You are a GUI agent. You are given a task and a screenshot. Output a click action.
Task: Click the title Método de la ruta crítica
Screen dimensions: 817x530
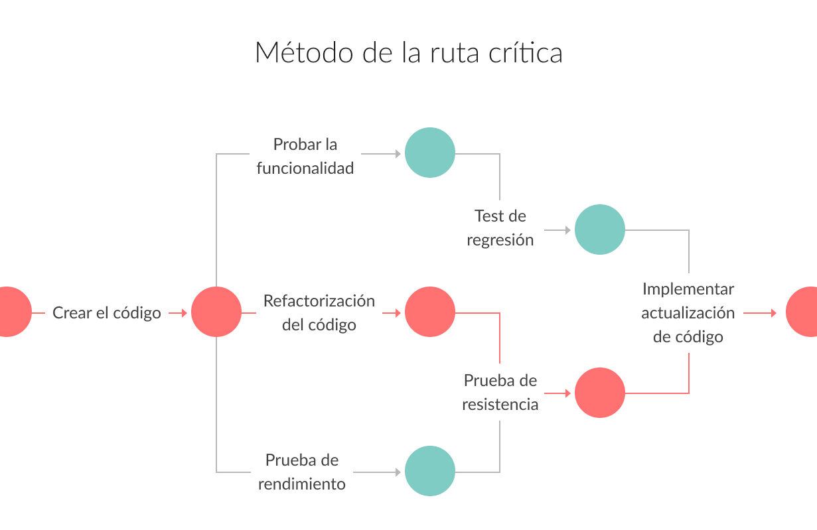[x=409, y=53]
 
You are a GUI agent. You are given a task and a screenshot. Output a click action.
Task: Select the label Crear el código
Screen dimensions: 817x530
[x=106, y=313]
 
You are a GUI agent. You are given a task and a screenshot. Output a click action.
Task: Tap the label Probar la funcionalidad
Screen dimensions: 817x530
[x=305, y=157]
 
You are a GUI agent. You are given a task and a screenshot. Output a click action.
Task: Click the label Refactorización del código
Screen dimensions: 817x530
[x=319, y=312]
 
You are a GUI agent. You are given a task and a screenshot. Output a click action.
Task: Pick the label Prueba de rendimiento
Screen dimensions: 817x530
[x=301, y=472]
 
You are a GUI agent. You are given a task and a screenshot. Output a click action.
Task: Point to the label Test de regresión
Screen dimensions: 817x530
[x=500, y=228]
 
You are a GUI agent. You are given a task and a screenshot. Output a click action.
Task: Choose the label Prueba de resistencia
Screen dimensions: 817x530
[x=500, y=392]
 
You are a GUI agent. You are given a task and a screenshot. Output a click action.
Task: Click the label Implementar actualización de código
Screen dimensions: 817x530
[x=688, y=312]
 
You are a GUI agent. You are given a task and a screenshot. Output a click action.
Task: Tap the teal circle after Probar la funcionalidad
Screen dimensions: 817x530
[x=430, y=153]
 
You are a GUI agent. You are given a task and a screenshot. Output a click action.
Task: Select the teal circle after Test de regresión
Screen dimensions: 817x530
[x=600, y=230]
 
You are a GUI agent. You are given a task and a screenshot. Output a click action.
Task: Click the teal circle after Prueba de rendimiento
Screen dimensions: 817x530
[x=430, y=471]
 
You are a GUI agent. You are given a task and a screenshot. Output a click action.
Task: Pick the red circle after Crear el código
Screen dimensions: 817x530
[x=216, y=312]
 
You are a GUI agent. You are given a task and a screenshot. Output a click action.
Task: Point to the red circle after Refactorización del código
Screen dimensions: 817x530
[x=430, y=312]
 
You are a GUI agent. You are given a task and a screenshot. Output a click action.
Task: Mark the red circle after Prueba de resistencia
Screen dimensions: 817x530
[x=600, y=393]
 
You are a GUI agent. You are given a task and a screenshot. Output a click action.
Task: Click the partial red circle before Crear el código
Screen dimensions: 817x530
[x=15, y=312]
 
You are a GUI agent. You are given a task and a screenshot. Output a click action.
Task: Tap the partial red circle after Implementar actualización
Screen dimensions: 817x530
[x=802, y=312]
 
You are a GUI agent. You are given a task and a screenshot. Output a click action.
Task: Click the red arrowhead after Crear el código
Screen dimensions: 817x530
[x=185, y=312]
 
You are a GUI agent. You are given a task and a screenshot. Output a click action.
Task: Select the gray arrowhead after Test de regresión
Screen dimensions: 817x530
[x=568, y=230]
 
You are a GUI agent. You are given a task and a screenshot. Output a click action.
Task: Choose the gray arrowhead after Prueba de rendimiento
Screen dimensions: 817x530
[x=398, y=472]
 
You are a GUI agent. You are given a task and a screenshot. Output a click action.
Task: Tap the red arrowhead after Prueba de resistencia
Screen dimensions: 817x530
[x=568, y=393]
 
